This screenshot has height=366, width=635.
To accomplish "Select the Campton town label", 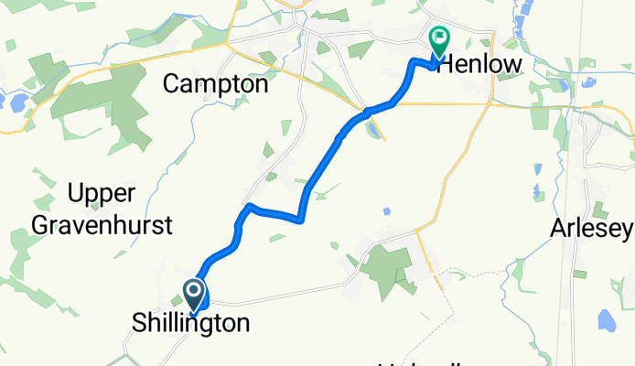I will click(215, 84).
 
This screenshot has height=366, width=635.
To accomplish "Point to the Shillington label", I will click(189, 323).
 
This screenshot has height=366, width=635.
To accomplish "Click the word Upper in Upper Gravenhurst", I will click(102, 194).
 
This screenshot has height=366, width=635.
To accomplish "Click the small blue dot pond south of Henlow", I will click(387, 211).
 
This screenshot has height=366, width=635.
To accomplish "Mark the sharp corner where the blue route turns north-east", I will click(300, 219).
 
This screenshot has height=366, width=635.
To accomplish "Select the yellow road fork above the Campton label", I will click(227, 42).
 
